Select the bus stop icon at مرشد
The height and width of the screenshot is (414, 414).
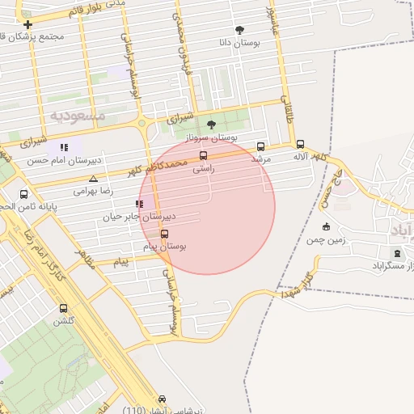coord(260,146)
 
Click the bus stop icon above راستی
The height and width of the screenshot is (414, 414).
coord(202,155)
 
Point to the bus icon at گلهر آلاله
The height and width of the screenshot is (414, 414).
coord(301,143)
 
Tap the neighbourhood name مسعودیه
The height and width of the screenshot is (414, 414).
coord(78,116)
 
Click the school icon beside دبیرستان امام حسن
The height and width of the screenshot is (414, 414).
coord(64,147)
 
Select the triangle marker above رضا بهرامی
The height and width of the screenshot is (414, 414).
coord(94,179)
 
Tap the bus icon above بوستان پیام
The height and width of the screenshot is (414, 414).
coord(165,234)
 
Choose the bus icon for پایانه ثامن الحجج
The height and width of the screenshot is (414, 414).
coord(23,194)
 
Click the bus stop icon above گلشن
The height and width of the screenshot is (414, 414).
coord(64,308)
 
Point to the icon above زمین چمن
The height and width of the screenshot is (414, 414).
coord(326,226)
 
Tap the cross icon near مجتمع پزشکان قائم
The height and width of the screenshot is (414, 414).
coord(28,24)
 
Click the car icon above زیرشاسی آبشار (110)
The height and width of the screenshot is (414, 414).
coord(162,399)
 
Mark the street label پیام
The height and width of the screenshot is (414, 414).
coord(120,263)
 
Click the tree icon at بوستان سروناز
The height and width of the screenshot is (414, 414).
coord(212,125)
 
